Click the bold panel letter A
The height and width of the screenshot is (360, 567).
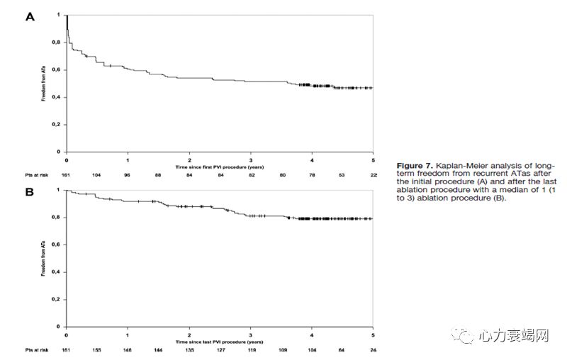point(30,16)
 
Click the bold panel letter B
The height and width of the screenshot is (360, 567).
point(30,191)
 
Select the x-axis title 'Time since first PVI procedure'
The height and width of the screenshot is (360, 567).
point(219,167)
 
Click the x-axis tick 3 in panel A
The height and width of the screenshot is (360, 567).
point(250,159)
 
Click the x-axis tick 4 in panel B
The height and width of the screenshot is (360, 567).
point(312,334)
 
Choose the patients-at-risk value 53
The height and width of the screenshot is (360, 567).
point(343,174)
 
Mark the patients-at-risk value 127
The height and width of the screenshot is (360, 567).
point(220,350)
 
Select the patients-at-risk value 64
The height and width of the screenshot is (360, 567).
point(343,350)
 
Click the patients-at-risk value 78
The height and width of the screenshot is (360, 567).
point(313,174)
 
